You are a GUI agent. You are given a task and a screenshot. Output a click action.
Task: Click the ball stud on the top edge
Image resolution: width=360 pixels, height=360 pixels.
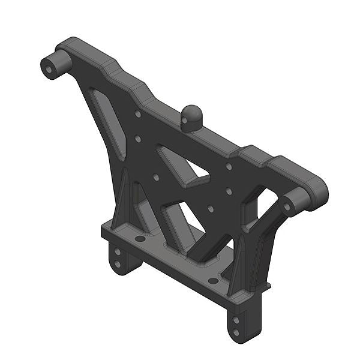(193, 115)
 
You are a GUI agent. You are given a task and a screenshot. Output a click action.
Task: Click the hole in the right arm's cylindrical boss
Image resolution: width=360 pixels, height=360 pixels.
(286, 208)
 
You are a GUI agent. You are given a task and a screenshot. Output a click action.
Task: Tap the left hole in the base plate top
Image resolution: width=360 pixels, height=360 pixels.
(140, 238)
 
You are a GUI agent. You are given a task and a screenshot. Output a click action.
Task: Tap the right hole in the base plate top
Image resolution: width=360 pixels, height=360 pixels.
(213, 280)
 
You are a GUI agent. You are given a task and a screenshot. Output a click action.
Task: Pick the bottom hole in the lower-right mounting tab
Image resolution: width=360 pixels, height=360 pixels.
(235, 331)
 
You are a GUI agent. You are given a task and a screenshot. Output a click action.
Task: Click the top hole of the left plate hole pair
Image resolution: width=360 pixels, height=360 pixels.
(138, 113)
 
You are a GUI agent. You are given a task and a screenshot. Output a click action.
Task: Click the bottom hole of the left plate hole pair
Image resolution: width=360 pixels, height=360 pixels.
(138, 139)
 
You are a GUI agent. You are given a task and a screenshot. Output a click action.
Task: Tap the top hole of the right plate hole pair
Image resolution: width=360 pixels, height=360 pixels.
(229, 166)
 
